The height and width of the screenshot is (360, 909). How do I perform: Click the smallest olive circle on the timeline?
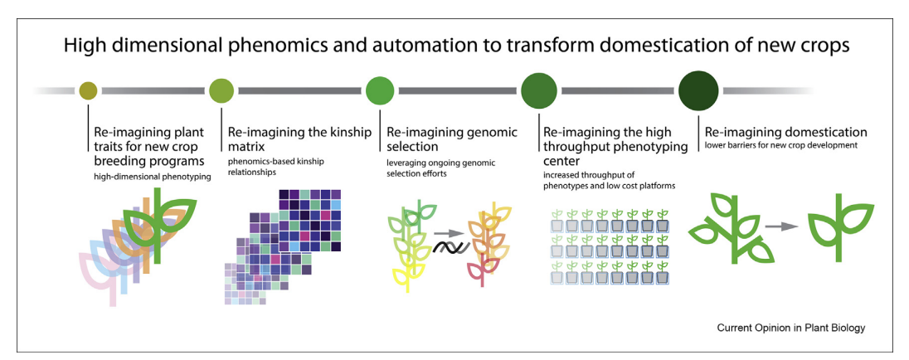[88, 90]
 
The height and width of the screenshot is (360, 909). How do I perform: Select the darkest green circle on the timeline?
[698, 90]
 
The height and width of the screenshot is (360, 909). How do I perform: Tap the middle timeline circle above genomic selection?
[381, 90]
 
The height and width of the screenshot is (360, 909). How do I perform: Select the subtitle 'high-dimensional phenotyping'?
[152, 178]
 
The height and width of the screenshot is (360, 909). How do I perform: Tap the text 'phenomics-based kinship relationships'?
[275, 167]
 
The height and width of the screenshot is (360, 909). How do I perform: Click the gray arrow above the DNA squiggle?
[449, 232]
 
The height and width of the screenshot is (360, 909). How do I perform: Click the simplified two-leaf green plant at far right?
[839, 228]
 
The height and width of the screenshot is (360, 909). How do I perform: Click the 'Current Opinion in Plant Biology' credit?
[790, 328]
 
